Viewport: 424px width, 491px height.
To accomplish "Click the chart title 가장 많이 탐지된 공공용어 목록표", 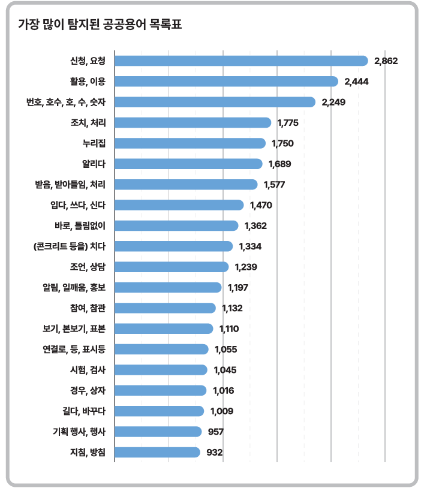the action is coord(100,24).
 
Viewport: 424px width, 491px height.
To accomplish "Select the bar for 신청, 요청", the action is coord(241,61).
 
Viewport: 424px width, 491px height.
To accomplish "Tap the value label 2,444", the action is coord(356,82).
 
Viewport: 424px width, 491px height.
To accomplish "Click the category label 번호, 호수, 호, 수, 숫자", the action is coord(66,102).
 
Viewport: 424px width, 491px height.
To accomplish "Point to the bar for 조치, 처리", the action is coord(193,122).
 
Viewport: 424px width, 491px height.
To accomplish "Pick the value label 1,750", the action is coord(282,143).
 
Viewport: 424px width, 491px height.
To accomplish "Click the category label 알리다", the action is coord(94,164).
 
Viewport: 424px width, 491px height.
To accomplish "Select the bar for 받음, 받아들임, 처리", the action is coord(186,185).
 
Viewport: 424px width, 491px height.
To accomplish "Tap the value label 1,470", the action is coord(261,205).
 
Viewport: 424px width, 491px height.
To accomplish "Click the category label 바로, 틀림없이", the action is coord(80,226).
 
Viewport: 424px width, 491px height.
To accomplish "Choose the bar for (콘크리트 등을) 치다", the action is coord(174,246).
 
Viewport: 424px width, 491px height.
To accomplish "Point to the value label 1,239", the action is coord(246,267).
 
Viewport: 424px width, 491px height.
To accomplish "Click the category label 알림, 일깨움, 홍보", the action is coord(74,287).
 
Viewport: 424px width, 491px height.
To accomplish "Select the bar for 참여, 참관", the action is coord(165,308).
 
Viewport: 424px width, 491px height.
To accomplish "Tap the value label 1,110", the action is coord(229,329).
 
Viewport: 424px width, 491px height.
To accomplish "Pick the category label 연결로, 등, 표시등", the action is coord(74,349).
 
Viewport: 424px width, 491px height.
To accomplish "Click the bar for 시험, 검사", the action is coord(161,370).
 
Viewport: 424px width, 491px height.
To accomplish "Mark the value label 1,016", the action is coord(223,390).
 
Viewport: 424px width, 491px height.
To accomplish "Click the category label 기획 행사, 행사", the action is coord(79,432).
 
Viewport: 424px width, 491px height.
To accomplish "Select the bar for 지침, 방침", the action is coord(157,452).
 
